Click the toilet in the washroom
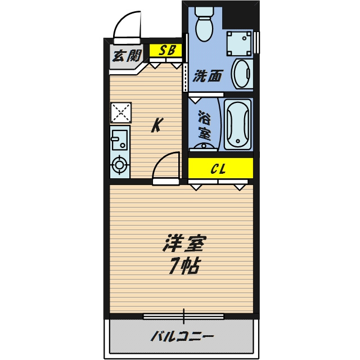tap(204, 24)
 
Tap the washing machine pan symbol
tap(238, 43)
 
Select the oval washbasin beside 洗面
tap(242, 74)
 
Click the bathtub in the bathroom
tap(237, 125)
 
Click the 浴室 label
tap(204, 125)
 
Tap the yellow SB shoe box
tap(165, 50)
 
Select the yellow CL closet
tap(220, 168)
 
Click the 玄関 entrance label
tap(127, 56)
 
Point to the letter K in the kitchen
tap(157, 125)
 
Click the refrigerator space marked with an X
tap(121, 112)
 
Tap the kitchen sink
tap(120, 140)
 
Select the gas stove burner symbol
tap(119, 165)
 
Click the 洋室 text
tap(184, 244)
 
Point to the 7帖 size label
tap(184, 265)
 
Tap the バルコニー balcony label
tap(182, 337)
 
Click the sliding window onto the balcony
tap(183, 317)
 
